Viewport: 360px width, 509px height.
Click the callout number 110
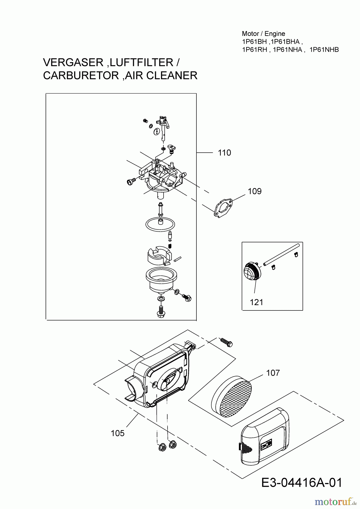(x=224, y=153)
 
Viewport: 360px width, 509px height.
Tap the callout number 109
(x=255, y=191)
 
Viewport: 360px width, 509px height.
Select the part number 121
(x=257, y=302)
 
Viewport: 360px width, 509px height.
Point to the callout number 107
(x=273, y=373)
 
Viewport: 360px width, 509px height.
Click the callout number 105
(x=118, y=433)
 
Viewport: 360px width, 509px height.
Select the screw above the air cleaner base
(x=226, y=342)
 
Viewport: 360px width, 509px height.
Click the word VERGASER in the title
(x=70, y=62)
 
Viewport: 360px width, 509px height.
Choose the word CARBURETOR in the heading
(x=81, y=76)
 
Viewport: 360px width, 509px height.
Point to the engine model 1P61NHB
(x=324, y=50)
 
